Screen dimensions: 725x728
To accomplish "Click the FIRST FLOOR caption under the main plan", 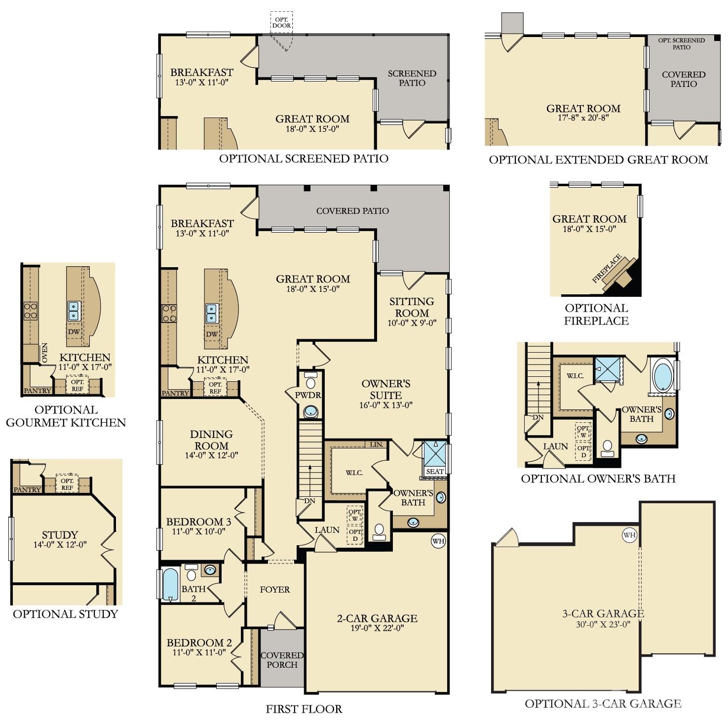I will pos(304,709).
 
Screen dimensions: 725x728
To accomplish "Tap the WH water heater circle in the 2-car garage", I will pos(438,541).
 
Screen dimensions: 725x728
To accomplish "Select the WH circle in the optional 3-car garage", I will pos(629,535).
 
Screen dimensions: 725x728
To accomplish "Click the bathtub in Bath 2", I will pos(169,585).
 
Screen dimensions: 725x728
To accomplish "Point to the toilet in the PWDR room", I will pos(310,382).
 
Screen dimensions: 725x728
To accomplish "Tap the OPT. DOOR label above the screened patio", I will pos(282,22).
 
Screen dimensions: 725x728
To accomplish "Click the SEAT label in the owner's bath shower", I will pos(435,471).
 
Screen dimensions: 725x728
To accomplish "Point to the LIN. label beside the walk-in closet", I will pos(377,444).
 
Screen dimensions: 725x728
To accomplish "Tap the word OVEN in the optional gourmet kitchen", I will pos(45,353).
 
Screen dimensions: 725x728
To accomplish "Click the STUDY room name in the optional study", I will pos(60,534).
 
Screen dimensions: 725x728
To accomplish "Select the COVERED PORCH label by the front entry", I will pos(282,660).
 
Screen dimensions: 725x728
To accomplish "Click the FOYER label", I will pos(275,589).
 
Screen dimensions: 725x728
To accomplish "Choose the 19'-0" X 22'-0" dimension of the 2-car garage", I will pos(377,628).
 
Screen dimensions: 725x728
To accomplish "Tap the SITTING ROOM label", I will pos(412,307).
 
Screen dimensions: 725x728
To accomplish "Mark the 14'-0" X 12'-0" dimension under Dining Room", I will pos(211,455).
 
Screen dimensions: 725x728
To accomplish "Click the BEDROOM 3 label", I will pos(198,522).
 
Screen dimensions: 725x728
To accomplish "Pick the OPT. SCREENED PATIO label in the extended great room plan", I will pos(681,43).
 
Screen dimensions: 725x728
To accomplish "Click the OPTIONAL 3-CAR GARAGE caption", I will pos(603,703).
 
